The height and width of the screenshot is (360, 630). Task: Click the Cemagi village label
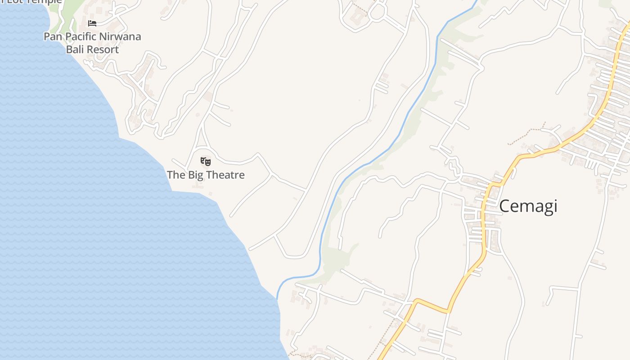528,206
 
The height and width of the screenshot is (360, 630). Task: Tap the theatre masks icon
206,161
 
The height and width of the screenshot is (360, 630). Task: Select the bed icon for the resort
92,23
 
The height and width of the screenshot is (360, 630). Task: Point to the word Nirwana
121,36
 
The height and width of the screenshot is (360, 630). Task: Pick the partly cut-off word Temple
45,2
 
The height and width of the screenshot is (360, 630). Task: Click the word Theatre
225,175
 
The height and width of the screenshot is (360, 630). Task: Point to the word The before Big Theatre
176,175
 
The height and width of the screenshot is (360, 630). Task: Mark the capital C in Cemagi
504,206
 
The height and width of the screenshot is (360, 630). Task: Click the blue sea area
90,225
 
